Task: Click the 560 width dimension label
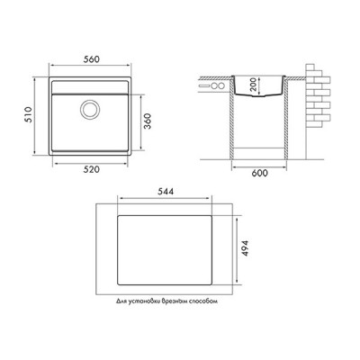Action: (x=91, y=59)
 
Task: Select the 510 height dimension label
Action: (x=29, y=115)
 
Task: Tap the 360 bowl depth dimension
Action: (x=147, y=121)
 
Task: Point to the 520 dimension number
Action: (x=91, y=169)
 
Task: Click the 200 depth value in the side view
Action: (x=253, y=85)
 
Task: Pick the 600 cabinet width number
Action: (x=259, y=173)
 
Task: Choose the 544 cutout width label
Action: (x=166, y=192)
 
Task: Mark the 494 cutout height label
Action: (x=245, y=247)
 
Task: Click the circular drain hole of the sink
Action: (x=89, y=109)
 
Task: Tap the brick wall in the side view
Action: (x=318, y=96)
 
